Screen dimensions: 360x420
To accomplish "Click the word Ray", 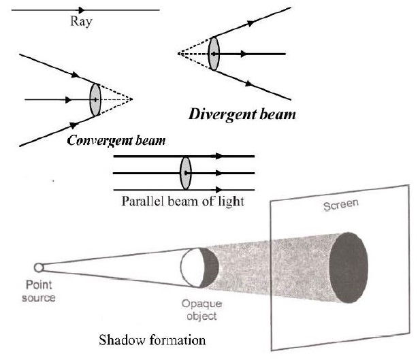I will [x=82, y=21].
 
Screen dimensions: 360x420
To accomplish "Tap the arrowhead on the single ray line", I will [x=82, y=10].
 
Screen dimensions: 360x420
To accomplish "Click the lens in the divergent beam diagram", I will [x=214, y=53].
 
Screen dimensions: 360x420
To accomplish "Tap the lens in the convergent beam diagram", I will [x=95, y=99].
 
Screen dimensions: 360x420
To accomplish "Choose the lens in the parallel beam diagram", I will [x=185, y=173].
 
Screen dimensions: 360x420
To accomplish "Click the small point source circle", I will [x=39, y=267].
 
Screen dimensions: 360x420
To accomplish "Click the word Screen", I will [x=336, y=206].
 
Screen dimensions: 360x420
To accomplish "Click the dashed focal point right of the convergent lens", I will [x=131, y=99].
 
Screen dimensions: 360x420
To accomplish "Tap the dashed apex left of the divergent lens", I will [x=178, y=53].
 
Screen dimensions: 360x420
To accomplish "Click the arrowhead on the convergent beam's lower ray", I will [x=71, y=126].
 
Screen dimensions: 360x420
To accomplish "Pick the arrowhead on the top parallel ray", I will [x=218, y=156].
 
